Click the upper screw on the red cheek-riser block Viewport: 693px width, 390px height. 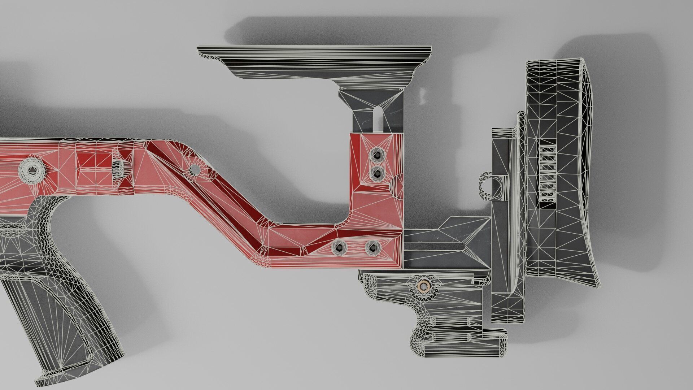(x=377, y=155)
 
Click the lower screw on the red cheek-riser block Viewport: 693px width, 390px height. (x=377, y=174)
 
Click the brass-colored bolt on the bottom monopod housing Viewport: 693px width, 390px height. (x=423, y=286)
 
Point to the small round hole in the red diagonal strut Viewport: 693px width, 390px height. (x=194, y=169)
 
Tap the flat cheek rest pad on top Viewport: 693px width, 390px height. (x=314, y=54)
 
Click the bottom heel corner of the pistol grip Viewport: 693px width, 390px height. (x=43, y=381)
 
